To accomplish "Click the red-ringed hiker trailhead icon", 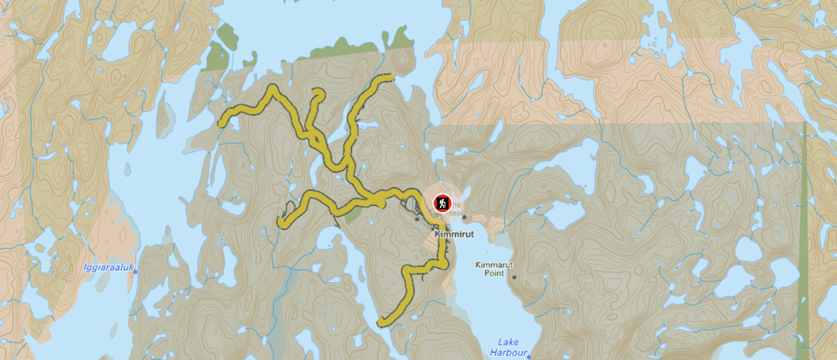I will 442,203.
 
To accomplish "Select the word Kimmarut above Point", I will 493,265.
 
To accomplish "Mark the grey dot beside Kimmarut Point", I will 514,277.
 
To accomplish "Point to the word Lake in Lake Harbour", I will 508,342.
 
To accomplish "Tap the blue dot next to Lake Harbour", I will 529,356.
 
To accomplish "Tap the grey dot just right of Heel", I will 464,216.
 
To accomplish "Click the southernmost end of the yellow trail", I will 381,323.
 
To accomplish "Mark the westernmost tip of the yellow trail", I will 222,125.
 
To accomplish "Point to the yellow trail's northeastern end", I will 393,77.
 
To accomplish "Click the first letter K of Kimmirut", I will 437,235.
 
